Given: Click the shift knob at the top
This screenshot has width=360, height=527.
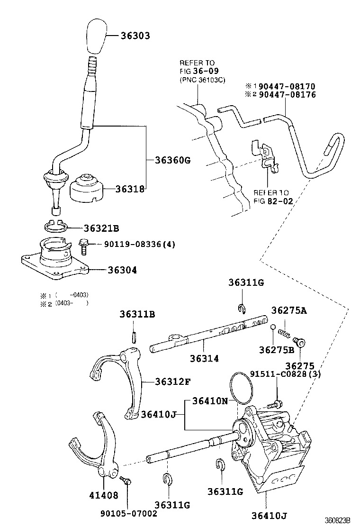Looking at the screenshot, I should [97, 37].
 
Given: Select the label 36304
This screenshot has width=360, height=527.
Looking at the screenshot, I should [122, 270].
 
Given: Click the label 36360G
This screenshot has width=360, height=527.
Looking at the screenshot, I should [172, 160].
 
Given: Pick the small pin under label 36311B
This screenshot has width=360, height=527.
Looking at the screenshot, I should [134, 336].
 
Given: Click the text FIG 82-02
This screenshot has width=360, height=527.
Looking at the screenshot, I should [273, 200].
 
